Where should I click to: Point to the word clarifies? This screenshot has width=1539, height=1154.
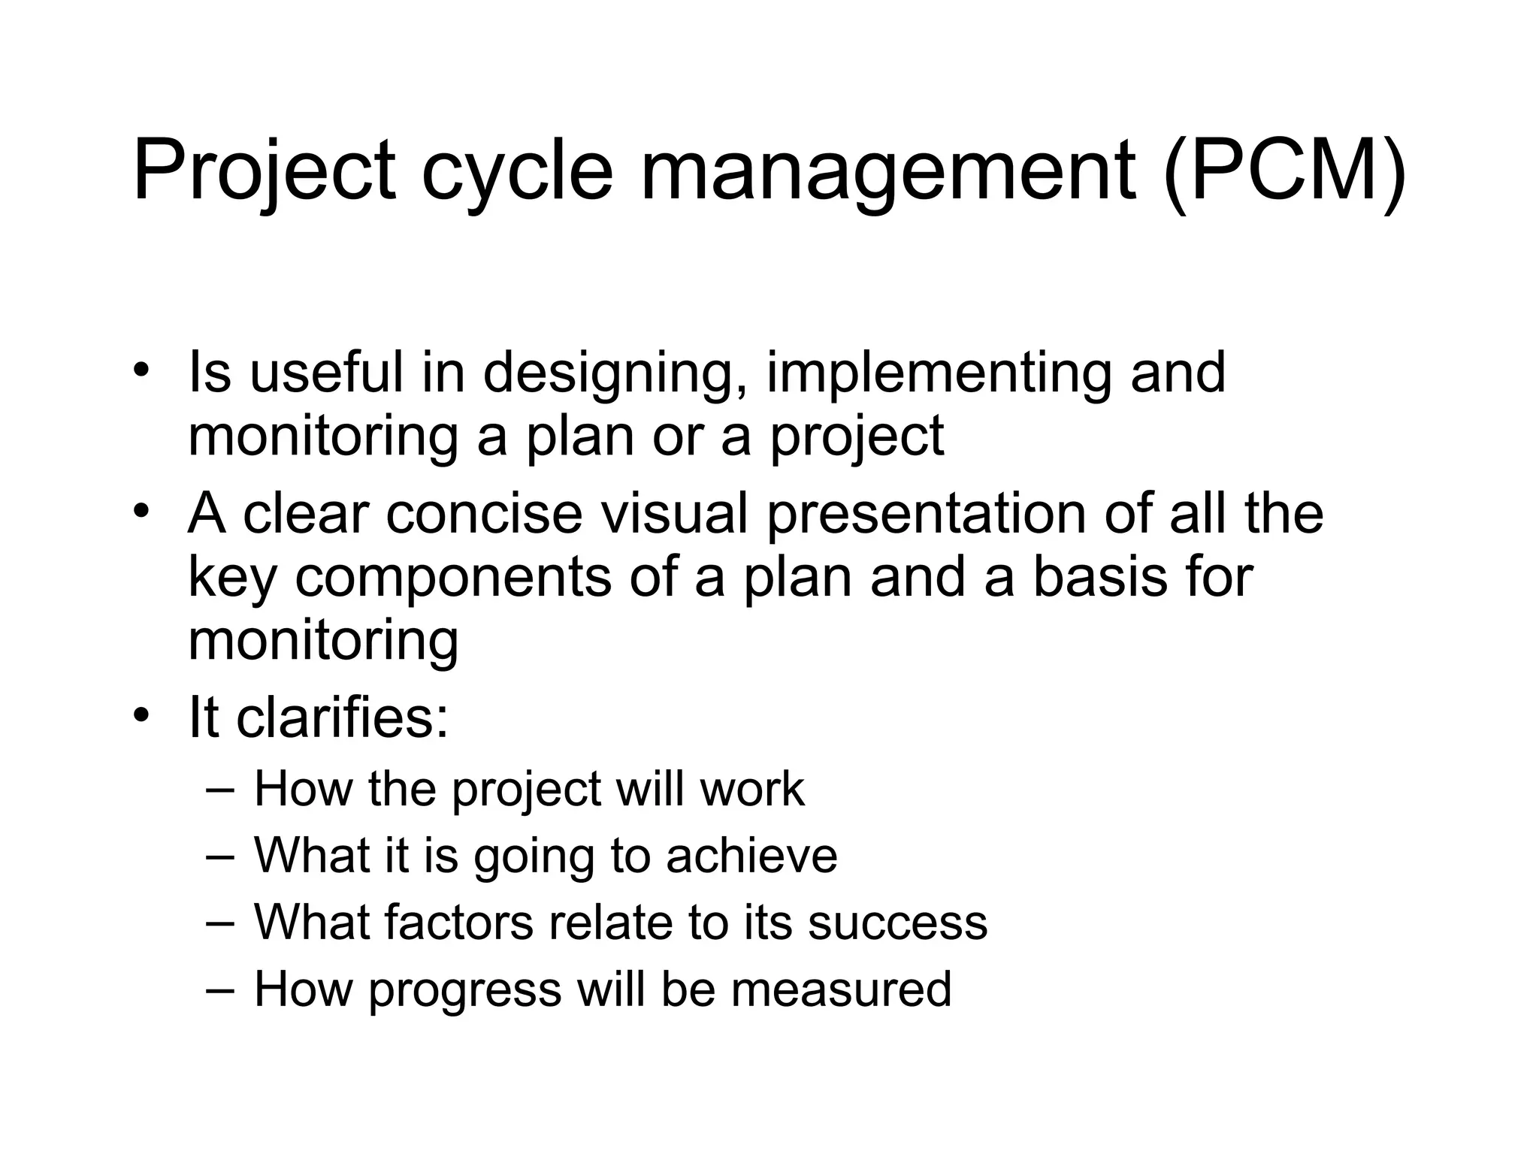[342, 717]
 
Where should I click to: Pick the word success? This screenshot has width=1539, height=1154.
[897, 923]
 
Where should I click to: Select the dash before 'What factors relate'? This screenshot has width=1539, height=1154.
[220, 922]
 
